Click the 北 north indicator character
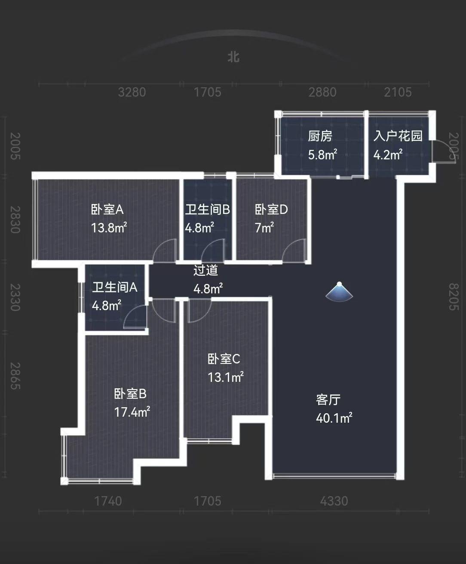coord(233,57)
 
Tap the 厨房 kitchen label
coord(320,136)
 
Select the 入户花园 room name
coord(398,136)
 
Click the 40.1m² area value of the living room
coord(334,418)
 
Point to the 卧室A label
coord(107,209)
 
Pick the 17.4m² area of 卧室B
coord(132,412)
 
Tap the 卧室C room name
coord(224,359)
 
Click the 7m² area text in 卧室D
coord(264,228)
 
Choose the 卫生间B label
coord(208,209)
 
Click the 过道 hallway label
coord(205,270)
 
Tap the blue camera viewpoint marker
coord(339,291)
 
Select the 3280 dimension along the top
coord(132,92)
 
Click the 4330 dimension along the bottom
coord(334,501)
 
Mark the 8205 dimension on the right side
coord(454,297)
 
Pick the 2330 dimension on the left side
coord(15,297)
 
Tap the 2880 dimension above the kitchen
coord(322,92)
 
